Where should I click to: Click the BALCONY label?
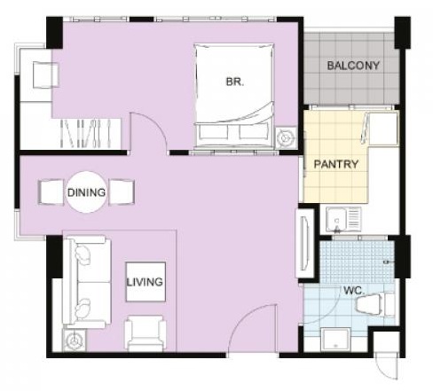pyautogui.click(x=353, y=66)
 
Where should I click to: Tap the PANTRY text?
pyautogui.click(x=336, y=164)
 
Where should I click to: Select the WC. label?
pyautogui.click(x=353, y=291)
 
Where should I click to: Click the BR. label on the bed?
pyautogui.click(x=235, y=82)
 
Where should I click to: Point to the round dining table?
pyautogui.click(x=86, y=192)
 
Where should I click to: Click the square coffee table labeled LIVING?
pyautogui.click(x=146, y=282)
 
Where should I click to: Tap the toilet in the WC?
pyautogui.click(x=375, y=304)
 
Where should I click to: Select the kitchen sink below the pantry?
pyautogui.click(x=343, y=219)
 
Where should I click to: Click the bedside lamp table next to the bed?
pyautogui.click(x=286, y=137)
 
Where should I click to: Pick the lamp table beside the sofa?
pyautogui.click(x=74, y=340)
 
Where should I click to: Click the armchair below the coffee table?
pyautogui.click(x=145, y=333)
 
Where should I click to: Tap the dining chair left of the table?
pyautogui.click(x=51, y=192)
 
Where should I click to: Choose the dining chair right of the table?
pyautogui.click(x=122, y=192)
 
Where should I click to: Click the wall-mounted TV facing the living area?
pyautogui.click(x=304, y=243)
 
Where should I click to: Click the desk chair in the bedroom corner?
pyautogui.click(x=45, y=74)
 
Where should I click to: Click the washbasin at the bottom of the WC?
pyautogui.click(x=335, y=340)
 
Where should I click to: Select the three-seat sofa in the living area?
pyautogui.click(x=86, y=282)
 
